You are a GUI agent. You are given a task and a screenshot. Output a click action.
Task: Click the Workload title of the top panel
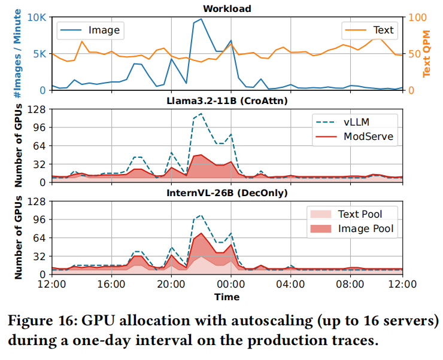(x=227, y=8)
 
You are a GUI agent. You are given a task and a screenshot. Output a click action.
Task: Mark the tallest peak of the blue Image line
(x=201, y=19)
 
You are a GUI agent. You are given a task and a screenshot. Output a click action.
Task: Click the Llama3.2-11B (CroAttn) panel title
(x=227, y=101)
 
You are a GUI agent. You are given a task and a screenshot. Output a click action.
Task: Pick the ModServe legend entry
(x=368, y=136)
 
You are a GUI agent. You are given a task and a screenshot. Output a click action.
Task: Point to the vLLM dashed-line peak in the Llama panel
(x=201, y=114)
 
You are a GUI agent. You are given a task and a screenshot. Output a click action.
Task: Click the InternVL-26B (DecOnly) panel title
(x=227, y=193)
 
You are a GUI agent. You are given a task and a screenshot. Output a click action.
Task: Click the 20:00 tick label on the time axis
(x=171, y=285)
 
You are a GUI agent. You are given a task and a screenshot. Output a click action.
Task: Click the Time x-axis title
(x=227, y=297)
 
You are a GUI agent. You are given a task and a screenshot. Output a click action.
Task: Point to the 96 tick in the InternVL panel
(x=40, y=219)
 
